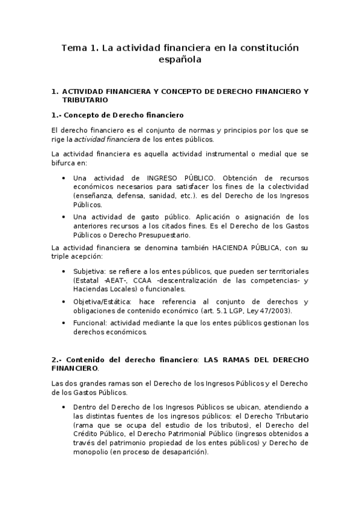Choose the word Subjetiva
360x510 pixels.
point(86,272)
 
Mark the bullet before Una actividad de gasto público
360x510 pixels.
point(64,217)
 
